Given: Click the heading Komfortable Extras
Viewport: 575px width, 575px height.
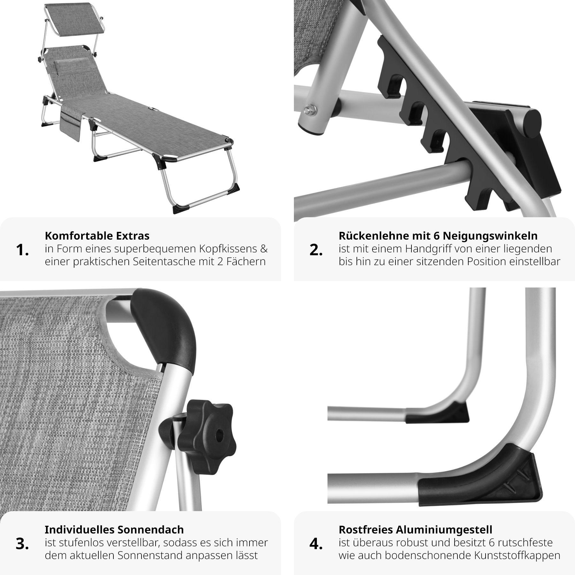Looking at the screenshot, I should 97,236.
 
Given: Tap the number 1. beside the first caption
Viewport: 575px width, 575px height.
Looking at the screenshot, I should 22,250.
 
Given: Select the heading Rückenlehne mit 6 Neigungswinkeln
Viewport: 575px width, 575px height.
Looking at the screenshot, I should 438,236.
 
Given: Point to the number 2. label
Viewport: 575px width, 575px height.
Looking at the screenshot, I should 316,250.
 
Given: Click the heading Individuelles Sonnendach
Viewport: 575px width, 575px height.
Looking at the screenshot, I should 114,530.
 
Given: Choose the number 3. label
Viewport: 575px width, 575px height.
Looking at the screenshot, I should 22,544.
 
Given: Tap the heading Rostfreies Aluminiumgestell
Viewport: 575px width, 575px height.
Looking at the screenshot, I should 415,530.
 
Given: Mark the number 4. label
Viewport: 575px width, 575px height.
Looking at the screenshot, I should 316,544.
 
